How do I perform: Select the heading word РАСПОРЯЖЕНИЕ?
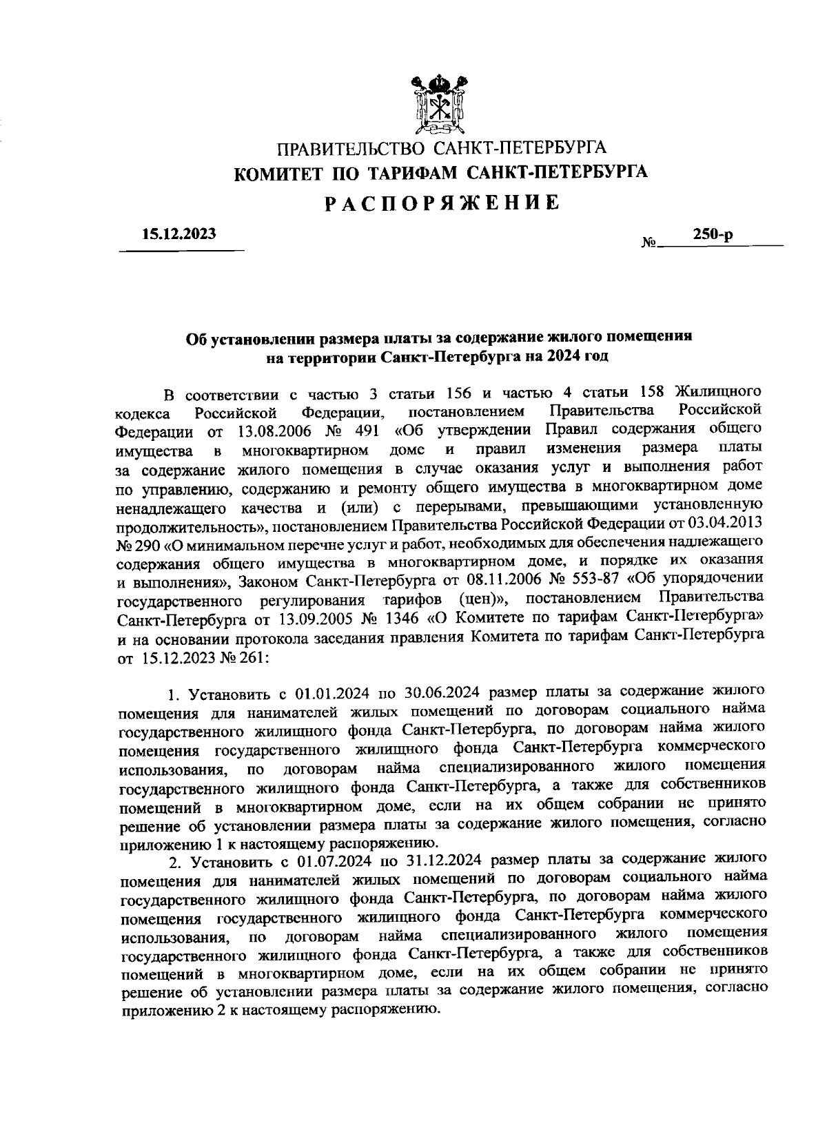click(441, 203)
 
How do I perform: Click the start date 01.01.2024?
click(336, 692)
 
